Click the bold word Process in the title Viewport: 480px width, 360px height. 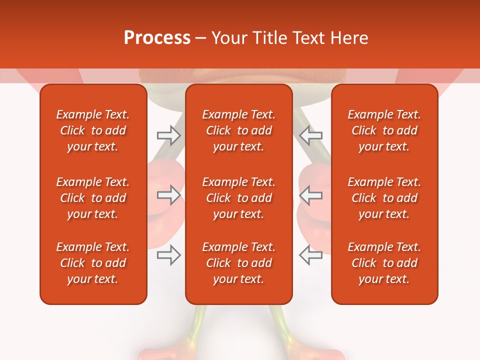157,38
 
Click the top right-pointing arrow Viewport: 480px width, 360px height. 168,135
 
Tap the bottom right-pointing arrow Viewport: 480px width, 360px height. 168,255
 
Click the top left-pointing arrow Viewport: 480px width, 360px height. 310,135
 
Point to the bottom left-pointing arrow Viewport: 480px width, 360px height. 310,255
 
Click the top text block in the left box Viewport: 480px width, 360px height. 93,130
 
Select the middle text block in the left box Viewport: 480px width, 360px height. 93,198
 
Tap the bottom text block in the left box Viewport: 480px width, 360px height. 93,263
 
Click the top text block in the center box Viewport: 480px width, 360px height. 239,130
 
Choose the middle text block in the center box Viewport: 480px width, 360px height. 239,198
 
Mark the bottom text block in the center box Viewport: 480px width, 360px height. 239,263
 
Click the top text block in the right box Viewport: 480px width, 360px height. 384,130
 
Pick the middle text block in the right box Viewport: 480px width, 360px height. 384,198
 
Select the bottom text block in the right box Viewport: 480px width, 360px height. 384,263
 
